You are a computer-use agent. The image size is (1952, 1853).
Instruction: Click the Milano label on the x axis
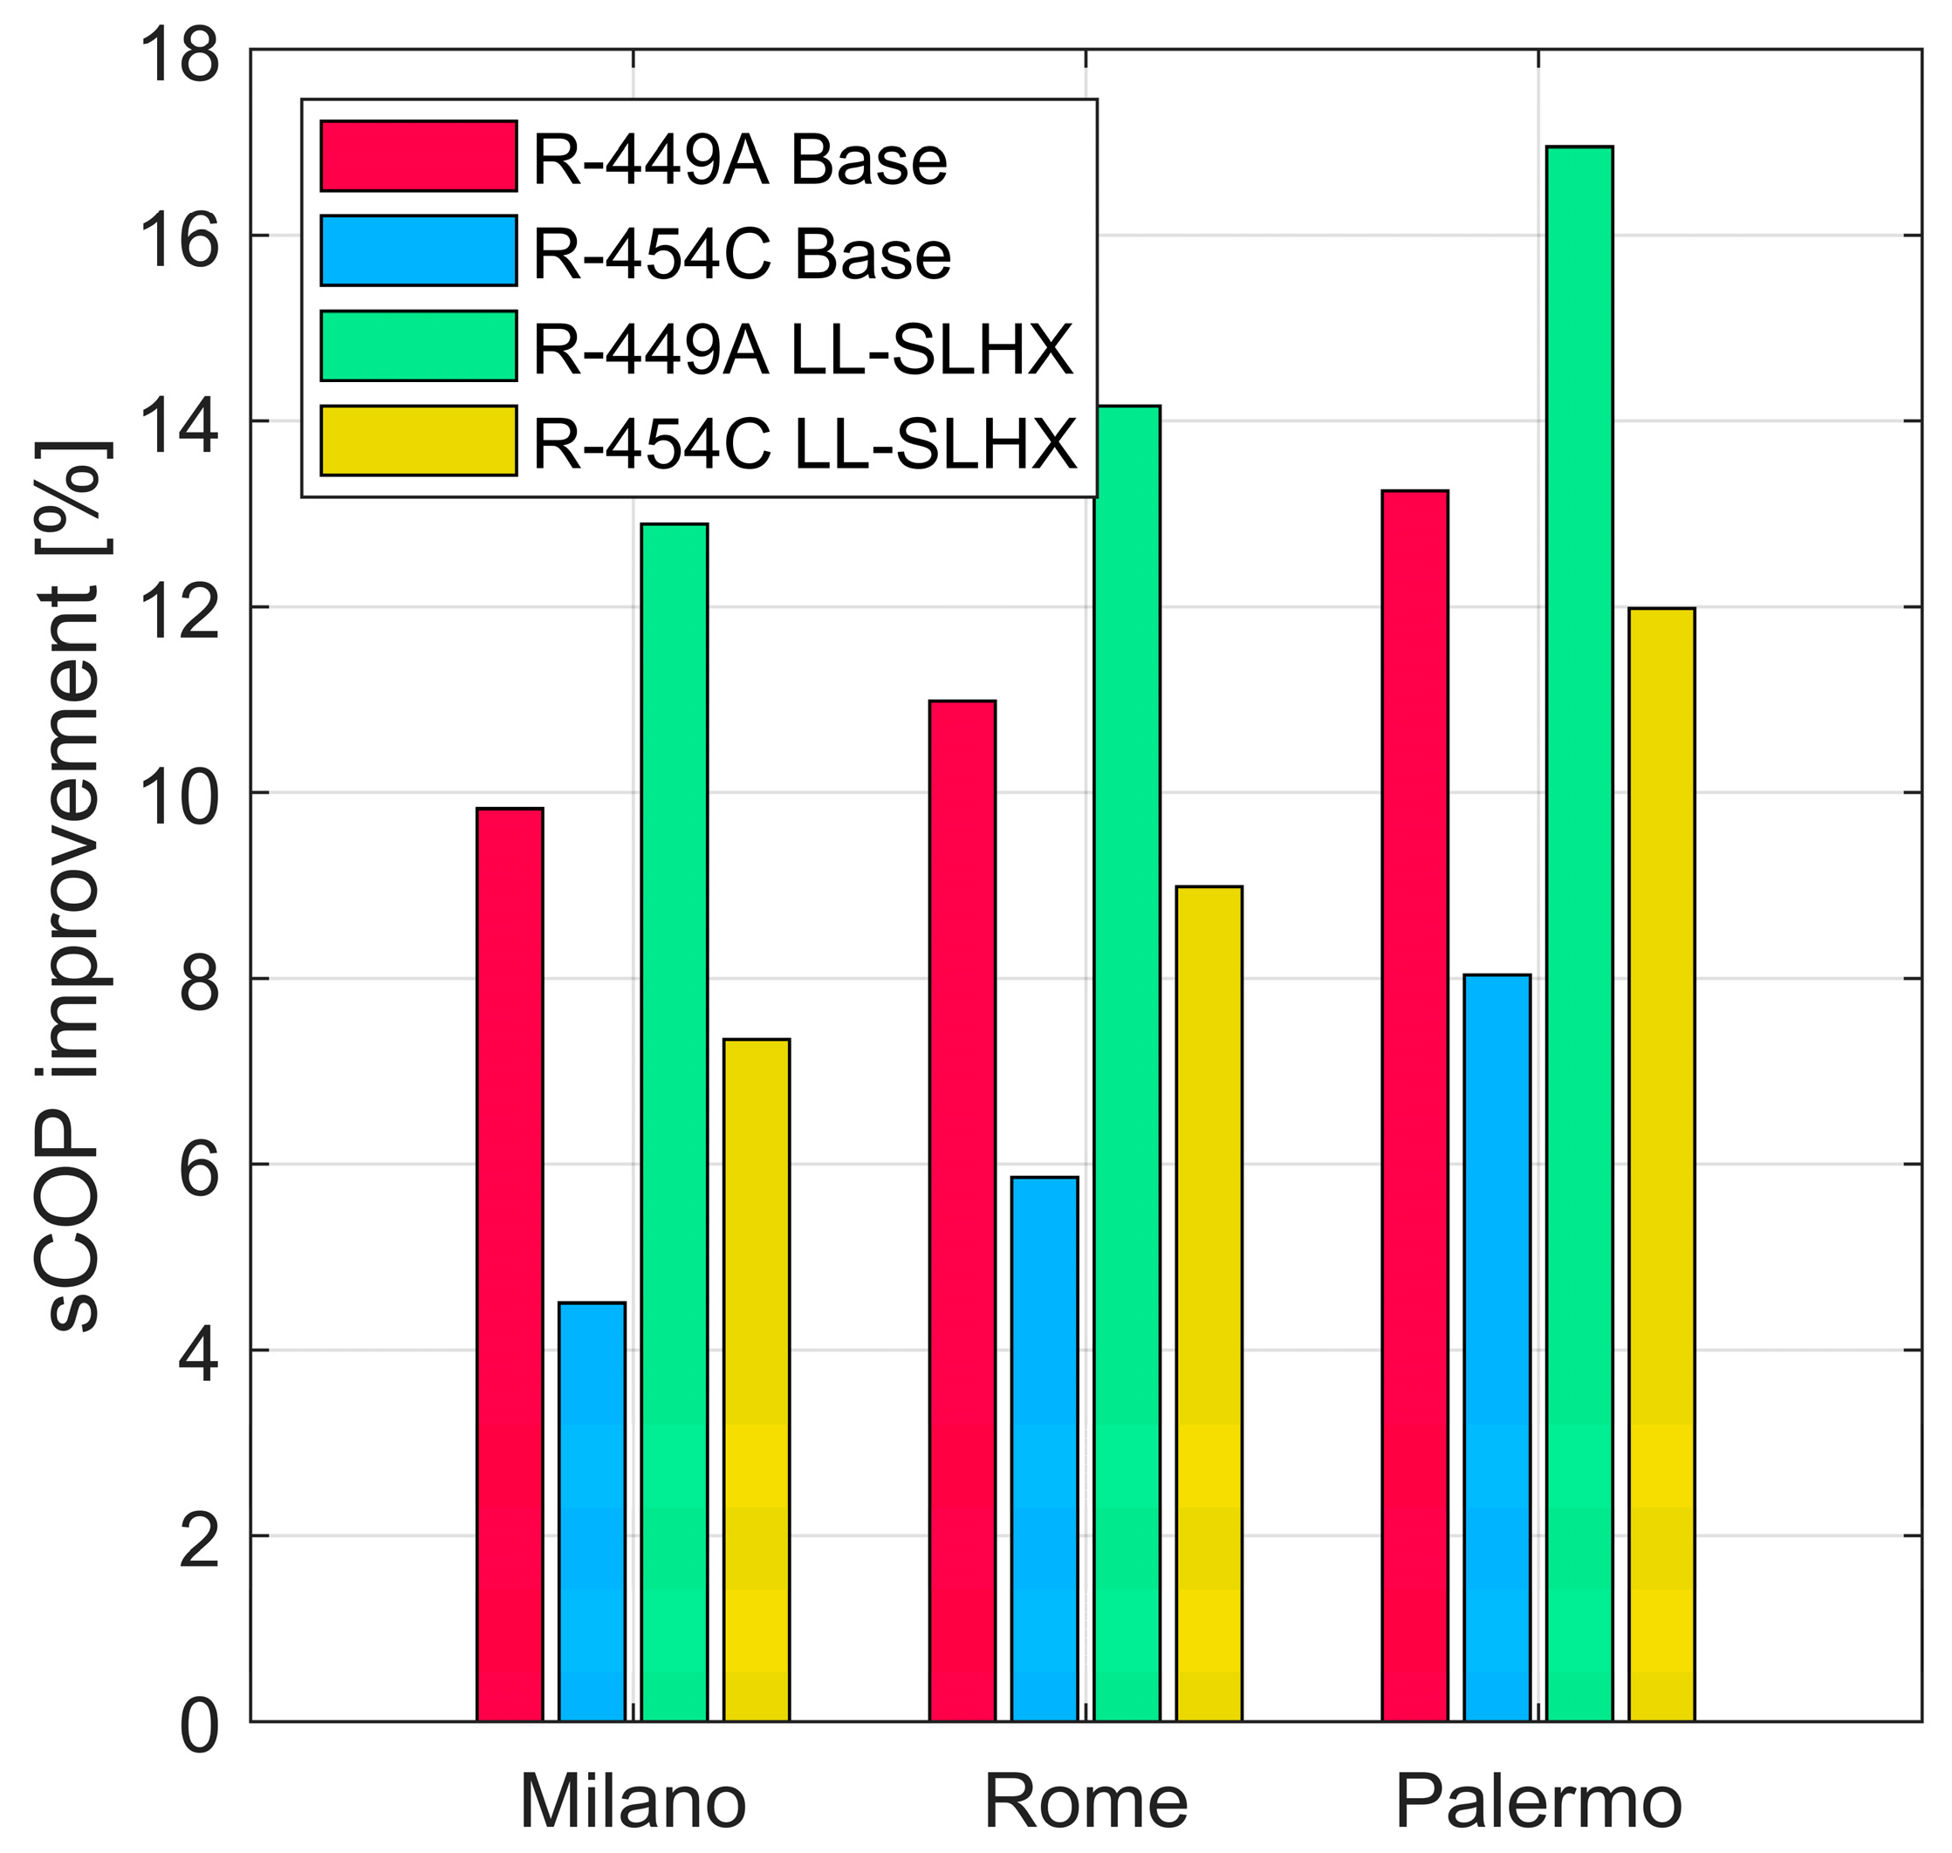[633, 1802]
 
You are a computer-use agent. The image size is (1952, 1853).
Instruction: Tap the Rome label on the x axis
[1086, 1802]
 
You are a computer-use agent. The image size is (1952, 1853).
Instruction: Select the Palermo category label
[1538, 1802]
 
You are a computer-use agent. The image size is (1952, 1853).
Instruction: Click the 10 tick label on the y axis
[179, 793]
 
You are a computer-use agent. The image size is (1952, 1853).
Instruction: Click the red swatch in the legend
[418, 156]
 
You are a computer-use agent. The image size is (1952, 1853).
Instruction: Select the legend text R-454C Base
[741, 253]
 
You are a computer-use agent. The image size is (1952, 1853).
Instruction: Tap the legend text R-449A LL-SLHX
[802, 348]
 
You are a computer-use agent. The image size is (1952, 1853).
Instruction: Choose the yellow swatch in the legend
[418, 441]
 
